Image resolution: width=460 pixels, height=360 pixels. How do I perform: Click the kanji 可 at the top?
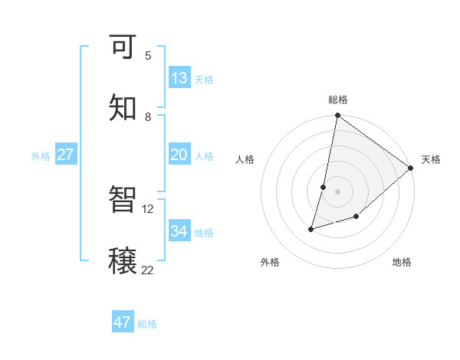click(123, 47)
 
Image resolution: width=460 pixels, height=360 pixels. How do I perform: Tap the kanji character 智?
click(123, 201)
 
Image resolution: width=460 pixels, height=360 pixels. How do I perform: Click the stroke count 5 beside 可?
click(148, 55)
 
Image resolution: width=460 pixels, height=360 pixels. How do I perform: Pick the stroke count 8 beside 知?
click(148, 116)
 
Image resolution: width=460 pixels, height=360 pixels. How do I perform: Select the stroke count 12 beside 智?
click(148, 208)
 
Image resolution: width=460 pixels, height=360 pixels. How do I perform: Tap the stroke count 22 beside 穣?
click(148, 270)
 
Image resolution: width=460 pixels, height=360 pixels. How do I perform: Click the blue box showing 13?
click(179, 77)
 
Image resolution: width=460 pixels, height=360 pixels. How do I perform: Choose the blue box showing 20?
click(179, 155)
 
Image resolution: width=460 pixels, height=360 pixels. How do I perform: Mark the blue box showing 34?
click(179, 231)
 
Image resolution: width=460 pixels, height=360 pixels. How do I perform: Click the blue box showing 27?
click(66, 155)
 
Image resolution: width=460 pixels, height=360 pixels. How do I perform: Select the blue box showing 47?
click(123, 322)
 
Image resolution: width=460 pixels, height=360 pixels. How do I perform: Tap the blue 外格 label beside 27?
click(41, 155)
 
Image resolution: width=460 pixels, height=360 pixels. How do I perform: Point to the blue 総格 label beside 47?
click(147, 324)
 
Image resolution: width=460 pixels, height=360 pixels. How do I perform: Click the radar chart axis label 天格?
click(431, 159)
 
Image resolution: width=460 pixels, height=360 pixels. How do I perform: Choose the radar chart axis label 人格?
click(245, 159)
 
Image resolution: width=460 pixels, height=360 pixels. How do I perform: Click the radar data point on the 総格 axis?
click(337, 116)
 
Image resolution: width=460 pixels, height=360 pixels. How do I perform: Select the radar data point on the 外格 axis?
click(311, 228)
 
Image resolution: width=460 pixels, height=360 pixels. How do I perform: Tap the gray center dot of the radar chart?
click(337, 191)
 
